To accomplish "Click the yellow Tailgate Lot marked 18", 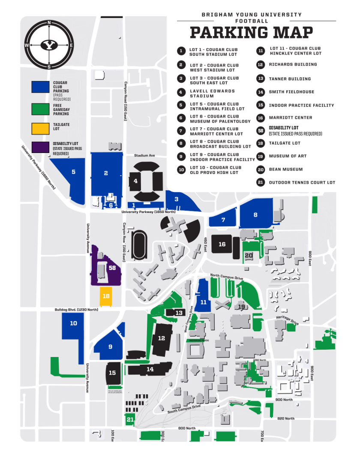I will tap(106, 296).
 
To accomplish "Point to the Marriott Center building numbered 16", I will tap(222, 244).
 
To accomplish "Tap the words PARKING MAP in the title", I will tap(251, 33).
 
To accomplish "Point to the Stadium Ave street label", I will tap(144, 156).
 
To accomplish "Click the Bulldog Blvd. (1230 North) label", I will tap(76, 309).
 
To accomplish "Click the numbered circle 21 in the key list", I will tap(260, 182).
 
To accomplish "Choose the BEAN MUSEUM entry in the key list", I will tap(285, 169).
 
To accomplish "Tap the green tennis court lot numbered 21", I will tap(130, 420).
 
